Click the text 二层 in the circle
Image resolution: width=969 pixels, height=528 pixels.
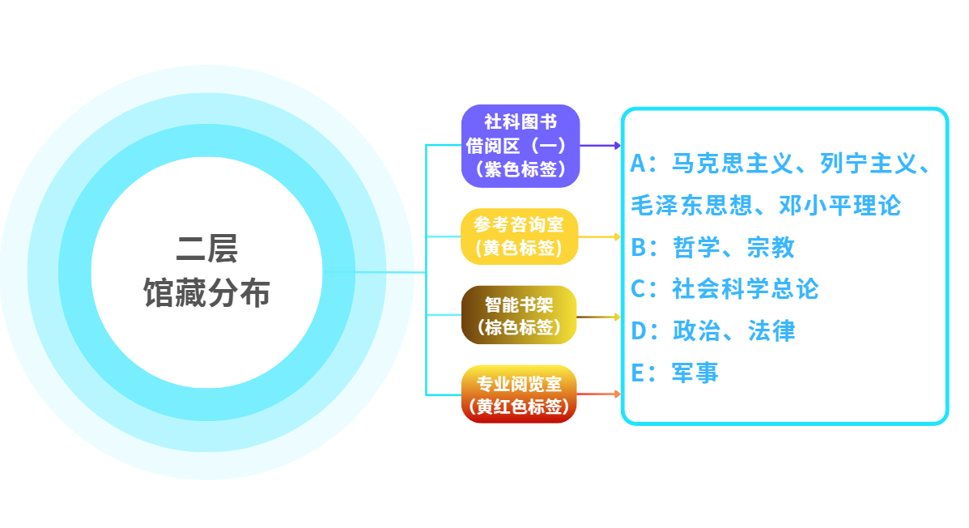click(207, 249)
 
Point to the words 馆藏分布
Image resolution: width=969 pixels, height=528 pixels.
click(207, 292)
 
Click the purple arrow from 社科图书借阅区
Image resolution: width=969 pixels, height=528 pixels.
click(600, 146)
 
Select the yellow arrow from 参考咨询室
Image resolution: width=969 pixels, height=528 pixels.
click(599, 236)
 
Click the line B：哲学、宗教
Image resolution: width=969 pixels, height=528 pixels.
click(712, 248)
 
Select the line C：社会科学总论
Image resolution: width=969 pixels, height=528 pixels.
click(725, 289)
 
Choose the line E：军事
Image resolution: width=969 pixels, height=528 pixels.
click(674, 373)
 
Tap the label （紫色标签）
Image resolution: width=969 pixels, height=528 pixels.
click(521, 169)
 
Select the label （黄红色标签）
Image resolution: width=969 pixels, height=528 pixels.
click(519, 407)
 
